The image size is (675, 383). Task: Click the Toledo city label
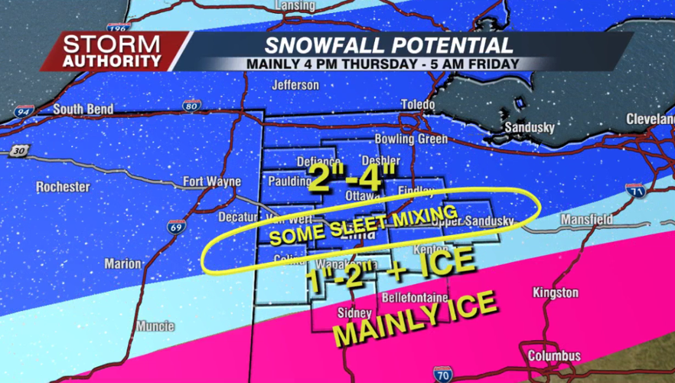[417, 104]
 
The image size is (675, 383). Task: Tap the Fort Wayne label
[211, 182]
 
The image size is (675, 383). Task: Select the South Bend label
[83, 110]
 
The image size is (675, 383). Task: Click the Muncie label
[155, 326]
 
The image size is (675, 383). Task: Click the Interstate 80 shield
[192, 104]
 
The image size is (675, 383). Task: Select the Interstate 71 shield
[634, 191]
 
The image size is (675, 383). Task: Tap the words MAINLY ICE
[415, 322]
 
